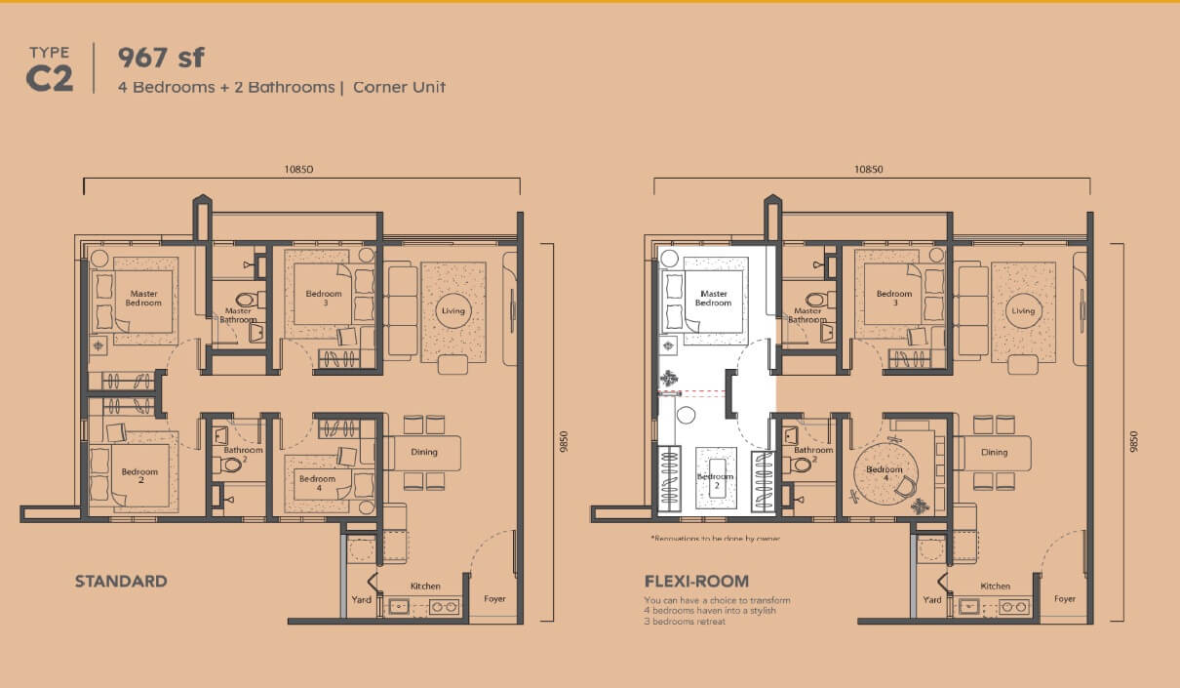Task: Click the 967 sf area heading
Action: click(161, 58)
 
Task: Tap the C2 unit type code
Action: click(50, 80)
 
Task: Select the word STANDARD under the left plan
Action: click(121, 582)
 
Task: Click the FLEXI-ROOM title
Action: click(697, 582)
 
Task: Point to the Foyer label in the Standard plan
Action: click(494, 599)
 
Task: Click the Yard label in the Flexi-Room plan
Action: click(932, 600)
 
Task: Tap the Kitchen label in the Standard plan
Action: click(425, 587)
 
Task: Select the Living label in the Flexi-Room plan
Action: click(1023, 311)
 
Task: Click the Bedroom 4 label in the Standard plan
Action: click(318, 483)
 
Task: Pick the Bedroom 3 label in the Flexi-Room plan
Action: click(894, 298)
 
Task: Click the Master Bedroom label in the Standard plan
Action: click(143, 299)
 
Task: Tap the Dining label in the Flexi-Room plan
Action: click(995, 453)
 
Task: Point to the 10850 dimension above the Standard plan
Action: click(298, 169)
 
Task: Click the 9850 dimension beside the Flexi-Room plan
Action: click(1134, 442)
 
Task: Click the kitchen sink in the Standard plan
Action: click(400, 607)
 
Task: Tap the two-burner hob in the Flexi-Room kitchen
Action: click(1014, 607)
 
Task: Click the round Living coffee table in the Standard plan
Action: click(453, 311)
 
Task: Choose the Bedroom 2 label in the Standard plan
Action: click(139, 476)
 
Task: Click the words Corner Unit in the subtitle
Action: click(399, 88)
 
